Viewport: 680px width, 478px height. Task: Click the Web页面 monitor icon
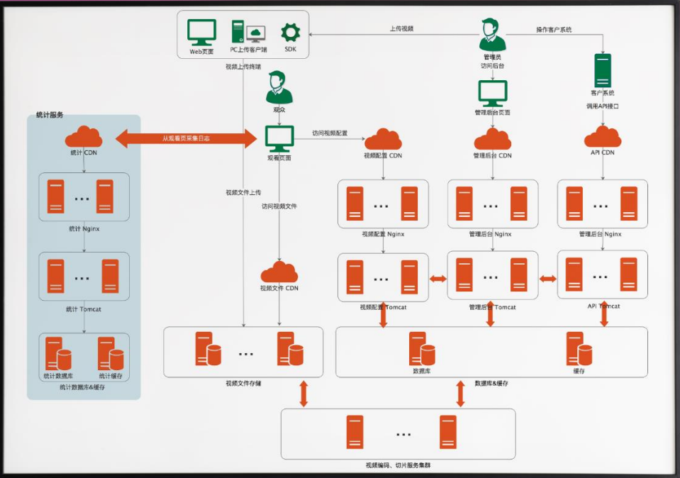coord(201,32)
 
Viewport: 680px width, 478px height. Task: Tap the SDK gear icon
coord(291,32)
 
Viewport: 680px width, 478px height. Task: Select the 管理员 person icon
coord(492,35)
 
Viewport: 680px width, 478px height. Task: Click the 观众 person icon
coord(279,87)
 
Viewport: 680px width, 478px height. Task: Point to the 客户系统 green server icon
coord(603,70)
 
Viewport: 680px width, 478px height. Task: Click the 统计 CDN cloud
coord(84,136)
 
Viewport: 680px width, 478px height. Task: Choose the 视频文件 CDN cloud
coord(279,272)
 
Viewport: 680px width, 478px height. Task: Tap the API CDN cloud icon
coord(603,136)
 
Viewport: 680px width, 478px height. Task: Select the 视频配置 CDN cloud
coord(383,139)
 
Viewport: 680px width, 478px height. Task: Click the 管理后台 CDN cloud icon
coord(493,139)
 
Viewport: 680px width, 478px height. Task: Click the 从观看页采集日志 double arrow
coord(186,138)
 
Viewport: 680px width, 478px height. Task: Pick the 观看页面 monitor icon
coord(279,138)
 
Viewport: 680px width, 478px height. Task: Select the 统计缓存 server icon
coord(111,353)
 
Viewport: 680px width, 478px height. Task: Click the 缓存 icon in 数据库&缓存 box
coord(579,348)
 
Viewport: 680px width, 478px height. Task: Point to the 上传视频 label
coord(401,29)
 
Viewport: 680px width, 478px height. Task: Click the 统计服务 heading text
coord(50,114)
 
